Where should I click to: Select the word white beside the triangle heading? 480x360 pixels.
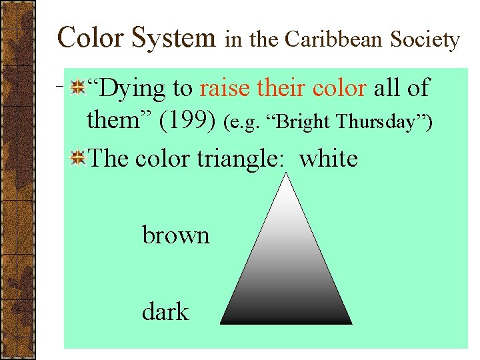click(329, 159)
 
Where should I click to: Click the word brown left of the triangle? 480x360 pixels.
click(176, 235)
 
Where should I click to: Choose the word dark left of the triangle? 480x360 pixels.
click(165, 311)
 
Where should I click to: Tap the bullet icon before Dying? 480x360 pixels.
click(78, 87)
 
